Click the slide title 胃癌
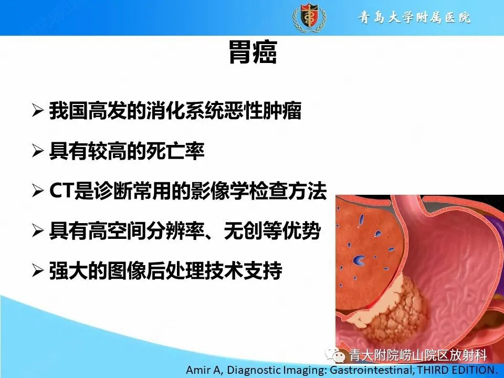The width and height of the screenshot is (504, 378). click(x=252, y=53)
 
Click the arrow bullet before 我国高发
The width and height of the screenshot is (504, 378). click(x=38, y=111)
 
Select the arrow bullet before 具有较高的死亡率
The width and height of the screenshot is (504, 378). click(x=38, y=151)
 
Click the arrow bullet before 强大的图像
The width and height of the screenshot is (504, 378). click(x=38, y=271)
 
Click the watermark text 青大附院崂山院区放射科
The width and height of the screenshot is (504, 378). click(x=419, y=355)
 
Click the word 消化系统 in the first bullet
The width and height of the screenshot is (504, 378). click(x=202, y=111)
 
